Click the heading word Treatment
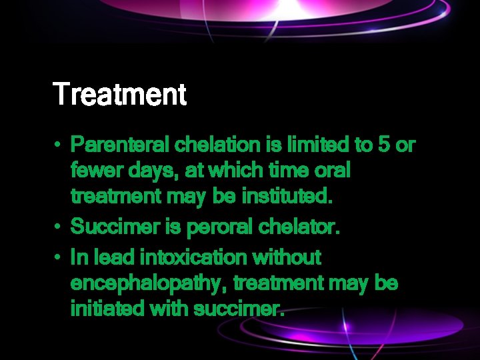pos(119,94)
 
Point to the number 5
pos(385,145)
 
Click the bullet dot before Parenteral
pos(59,145)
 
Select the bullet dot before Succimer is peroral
pos(59,227)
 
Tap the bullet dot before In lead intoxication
pos(59,257)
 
